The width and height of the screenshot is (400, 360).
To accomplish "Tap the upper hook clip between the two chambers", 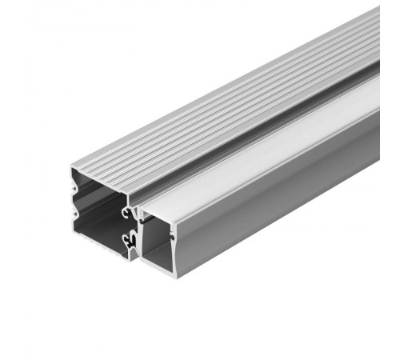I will pos(128,213).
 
